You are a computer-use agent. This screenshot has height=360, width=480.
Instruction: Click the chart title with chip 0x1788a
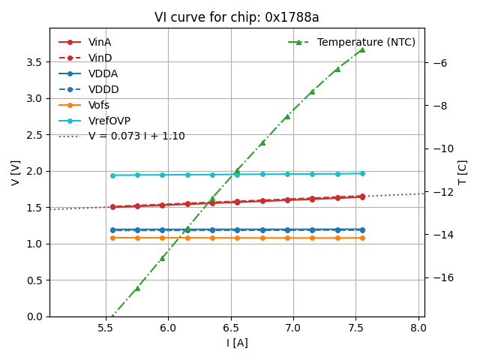[x=236, y=17]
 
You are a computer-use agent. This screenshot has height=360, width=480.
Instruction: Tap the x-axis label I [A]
[x=236, y=343]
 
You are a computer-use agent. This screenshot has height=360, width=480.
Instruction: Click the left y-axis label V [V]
[x=16, y=172]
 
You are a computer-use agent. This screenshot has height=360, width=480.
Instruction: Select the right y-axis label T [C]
[x=462, y=172]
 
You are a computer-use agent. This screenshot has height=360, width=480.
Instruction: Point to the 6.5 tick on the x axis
[x=230, y=328]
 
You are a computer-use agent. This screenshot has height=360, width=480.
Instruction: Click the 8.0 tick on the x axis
[x=418, y=328]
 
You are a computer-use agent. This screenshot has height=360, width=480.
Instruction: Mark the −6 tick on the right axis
[x=440, y=62]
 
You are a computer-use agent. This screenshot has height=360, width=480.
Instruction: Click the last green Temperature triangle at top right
[x=362, y=49]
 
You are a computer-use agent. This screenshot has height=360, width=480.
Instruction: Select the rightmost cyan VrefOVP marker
[x=362, y=173]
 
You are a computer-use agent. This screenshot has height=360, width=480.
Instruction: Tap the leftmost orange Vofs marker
[x=112, y=238]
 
